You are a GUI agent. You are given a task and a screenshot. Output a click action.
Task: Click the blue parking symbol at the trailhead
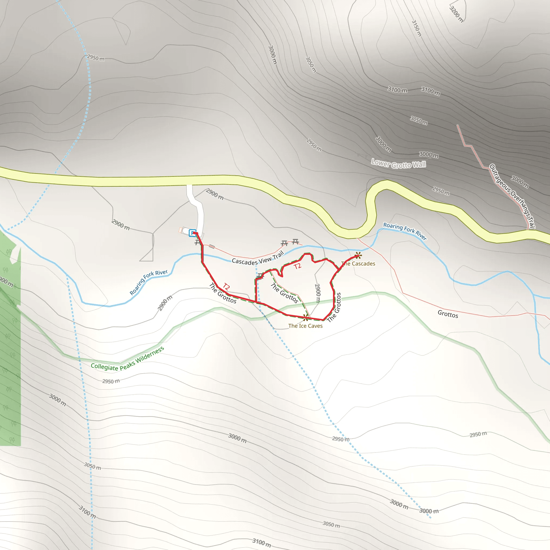(x=193, y=233)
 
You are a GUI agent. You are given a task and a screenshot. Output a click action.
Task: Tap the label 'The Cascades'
(x=358, y=264)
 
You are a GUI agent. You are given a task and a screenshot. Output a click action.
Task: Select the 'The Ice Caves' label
(x=305, y=326)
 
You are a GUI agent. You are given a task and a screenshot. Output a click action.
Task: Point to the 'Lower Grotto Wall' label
(x=399, y=164)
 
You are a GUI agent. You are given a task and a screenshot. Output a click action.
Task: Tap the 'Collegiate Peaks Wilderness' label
(x=127, y=360)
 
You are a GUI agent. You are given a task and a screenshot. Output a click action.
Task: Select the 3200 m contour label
(x=456, y=14)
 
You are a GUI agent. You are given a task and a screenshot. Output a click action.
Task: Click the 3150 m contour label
(x=417, y=28)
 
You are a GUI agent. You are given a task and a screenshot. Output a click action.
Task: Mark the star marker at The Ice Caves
(x=306, y=318)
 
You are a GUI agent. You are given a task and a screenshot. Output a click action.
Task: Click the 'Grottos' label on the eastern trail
(x=448, y=314)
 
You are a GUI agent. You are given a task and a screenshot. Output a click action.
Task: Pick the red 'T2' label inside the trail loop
(x=297, y=266)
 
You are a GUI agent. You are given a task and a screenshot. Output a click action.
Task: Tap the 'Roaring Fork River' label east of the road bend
(x=405, y=231)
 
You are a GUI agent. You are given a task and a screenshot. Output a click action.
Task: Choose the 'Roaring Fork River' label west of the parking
(x=149, y=282)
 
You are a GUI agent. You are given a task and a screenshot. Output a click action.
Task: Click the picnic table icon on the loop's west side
(x=260, y=276)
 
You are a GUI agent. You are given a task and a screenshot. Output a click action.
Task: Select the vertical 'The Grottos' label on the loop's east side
(x=335, y=307)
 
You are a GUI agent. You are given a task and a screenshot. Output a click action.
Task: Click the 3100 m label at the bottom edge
(x=262, y=542)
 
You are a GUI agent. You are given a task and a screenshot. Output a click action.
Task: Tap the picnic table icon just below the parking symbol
(x=198, y=243)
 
